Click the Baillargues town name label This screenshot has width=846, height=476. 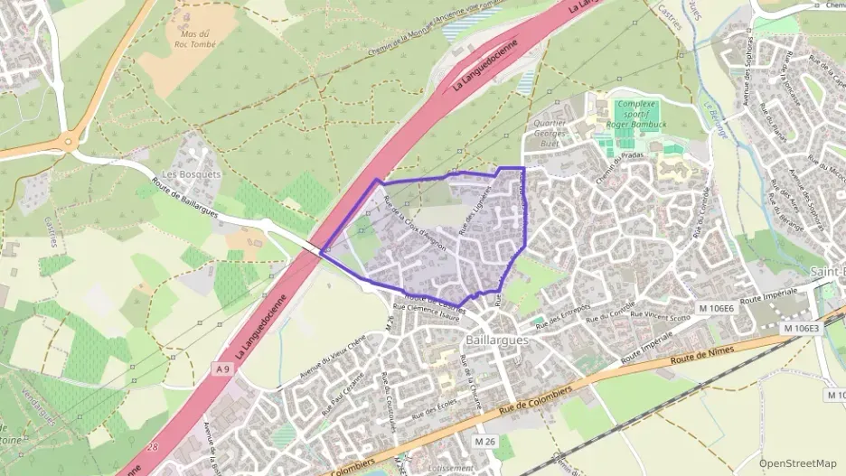tap(496, 341)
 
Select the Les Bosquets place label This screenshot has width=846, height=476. tap(181, 173)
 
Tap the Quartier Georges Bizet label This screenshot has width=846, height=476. tap(550, 133)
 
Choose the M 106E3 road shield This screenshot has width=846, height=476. tap(800, 327)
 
